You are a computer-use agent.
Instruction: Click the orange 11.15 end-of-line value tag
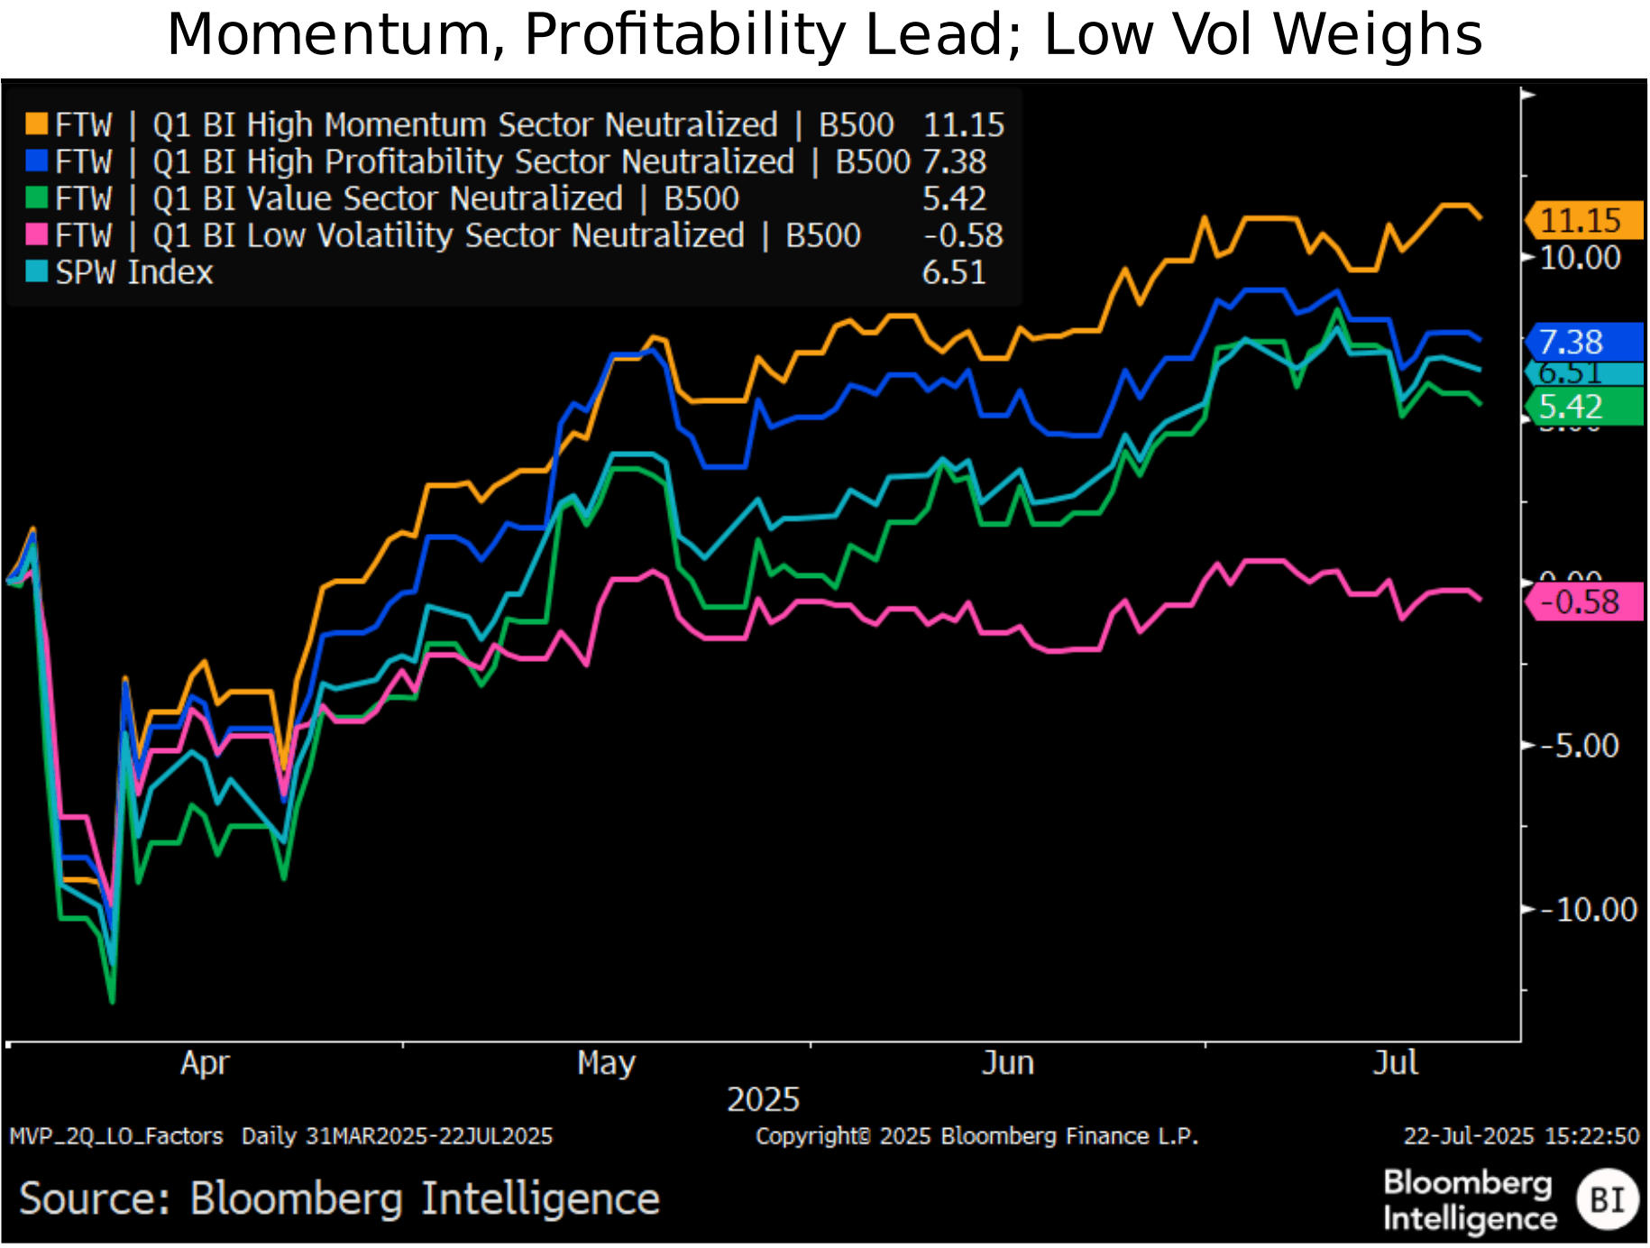coord(1583,220)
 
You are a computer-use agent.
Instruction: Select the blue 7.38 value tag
coord(1583,342)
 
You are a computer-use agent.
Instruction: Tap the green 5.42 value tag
coord(1583,407)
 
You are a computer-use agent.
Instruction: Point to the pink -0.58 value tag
coord(1583,601)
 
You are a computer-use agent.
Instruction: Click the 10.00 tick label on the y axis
coord(1580,258)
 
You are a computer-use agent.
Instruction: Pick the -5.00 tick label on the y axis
coord(1580,746)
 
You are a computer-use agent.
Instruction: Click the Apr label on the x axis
coord(205,1063)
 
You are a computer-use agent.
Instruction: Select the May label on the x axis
coord(606,1063)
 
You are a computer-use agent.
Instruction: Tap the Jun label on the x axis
coord(1007,1063)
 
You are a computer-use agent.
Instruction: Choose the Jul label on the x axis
coord(1395,1063)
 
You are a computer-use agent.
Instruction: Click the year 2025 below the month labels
coord(763,1099)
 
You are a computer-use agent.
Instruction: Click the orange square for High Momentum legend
coord(36,124)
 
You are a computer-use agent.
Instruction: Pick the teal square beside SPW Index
coord(36,271)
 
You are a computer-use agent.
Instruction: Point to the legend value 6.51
coord(954,272)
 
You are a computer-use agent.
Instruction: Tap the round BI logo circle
coord(1607,1200)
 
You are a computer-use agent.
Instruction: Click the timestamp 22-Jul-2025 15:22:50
coord(1520,1136)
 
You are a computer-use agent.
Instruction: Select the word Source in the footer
coord(94,1199)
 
